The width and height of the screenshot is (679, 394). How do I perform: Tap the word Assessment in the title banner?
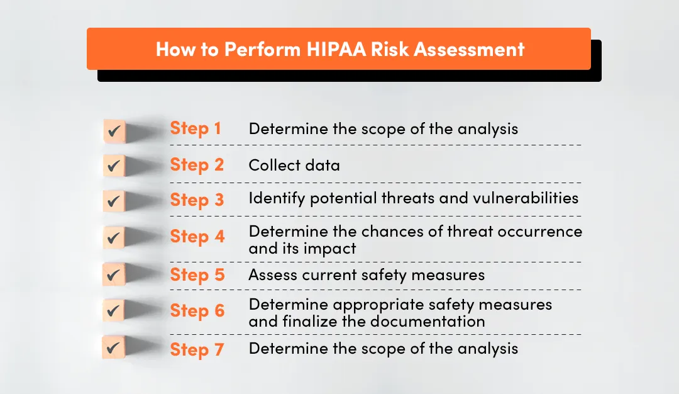click(478, 50)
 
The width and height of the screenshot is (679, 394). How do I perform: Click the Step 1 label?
click(196, 128)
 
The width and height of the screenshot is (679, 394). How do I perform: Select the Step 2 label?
click(197, 165)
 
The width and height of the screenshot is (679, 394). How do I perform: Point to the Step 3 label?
click(197, 200)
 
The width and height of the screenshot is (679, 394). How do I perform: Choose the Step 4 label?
click(197, 237)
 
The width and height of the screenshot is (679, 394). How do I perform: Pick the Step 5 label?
click(197, 275)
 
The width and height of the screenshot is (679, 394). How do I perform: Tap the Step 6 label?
click(197, 311)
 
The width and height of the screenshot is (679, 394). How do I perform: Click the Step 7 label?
click(197, 349)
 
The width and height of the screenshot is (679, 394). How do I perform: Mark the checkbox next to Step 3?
click(114, 202)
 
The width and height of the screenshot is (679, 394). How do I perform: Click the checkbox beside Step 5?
click(114, 275)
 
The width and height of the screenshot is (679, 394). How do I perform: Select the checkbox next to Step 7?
click(114, 348)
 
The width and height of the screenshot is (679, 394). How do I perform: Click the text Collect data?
click(294, 166)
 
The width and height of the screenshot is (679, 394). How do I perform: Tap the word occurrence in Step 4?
click(540, 231)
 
